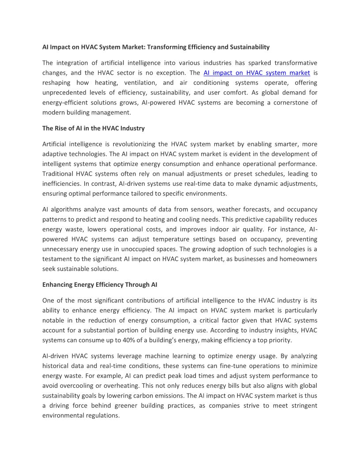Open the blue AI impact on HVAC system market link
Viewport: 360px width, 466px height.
[x=257, y=73]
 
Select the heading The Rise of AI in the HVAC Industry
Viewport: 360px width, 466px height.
[x=94, y=128]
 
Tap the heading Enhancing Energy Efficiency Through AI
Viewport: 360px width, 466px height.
[x=100, y=285]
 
